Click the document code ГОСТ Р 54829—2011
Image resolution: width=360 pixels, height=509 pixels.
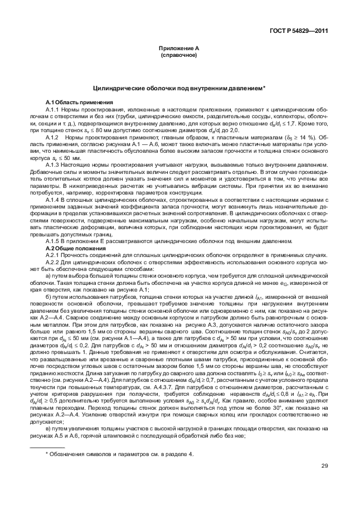[x=298, y=31]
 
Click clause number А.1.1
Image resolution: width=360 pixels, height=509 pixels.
[x=53, y=109]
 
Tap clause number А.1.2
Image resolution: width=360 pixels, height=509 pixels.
[x=53, y=137]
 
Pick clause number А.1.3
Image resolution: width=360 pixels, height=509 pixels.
[x=53, y=164]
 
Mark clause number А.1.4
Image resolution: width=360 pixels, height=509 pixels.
[x=53, y=199]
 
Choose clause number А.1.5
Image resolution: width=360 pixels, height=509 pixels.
[x=53, y=241]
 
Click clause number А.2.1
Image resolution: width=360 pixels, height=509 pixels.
[x=53, y=254]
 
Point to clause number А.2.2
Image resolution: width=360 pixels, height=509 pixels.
[x=53, y=261]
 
